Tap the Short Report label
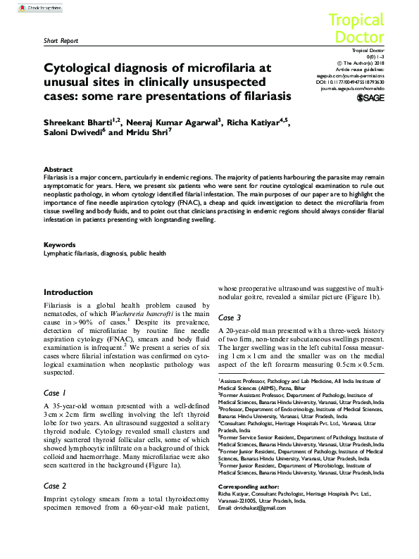tap(61, 41)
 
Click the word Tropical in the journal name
tap(356, 20)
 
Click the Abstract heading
tap(58, 170)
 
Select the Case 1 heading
tap(55, 392)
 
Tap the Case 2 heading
tap(55, 486)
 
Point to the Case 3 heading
tap(230, 318)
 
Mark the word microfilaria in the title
tap(215, 68)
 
